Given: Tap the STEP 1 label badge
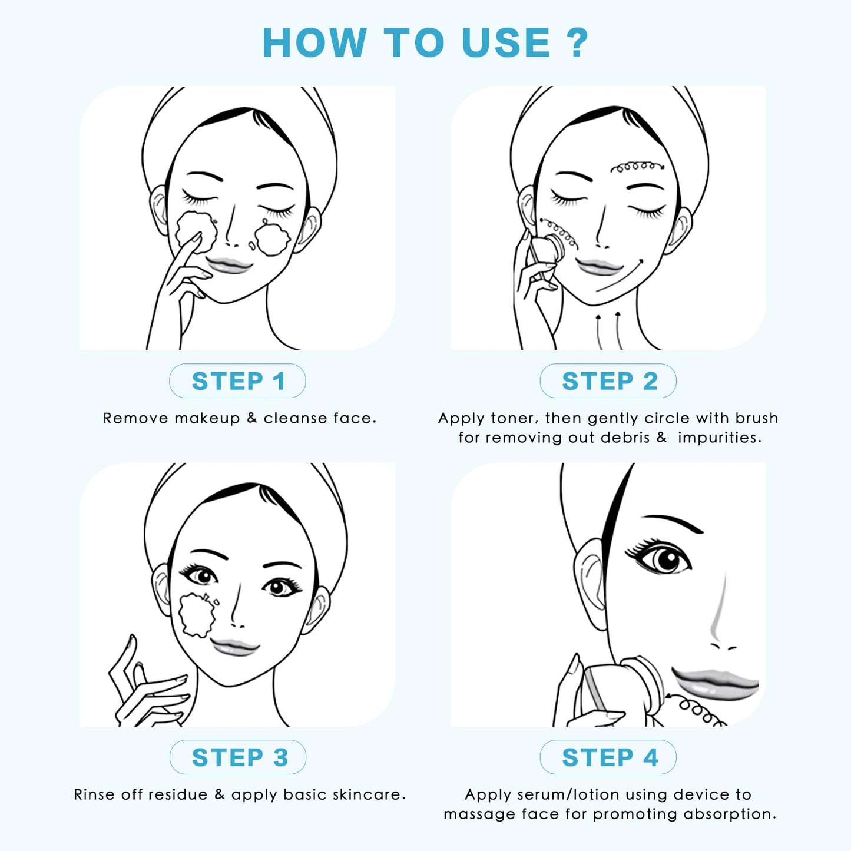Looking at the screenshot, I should pos(237,381).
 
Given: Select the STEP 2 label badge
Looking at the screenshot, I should pos(608,381).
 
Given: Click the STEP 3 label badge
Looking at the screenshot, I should pos(238,757).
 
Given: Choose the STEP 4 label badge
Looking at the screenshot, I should pos(608,757).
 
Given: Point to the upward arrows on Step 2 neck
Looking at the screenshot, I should pos(608,331).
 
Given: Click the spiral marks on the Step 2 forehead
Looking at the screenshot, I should pos(636,167).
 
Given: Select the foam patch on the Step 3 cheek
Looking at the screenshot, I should pos(197,615).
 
